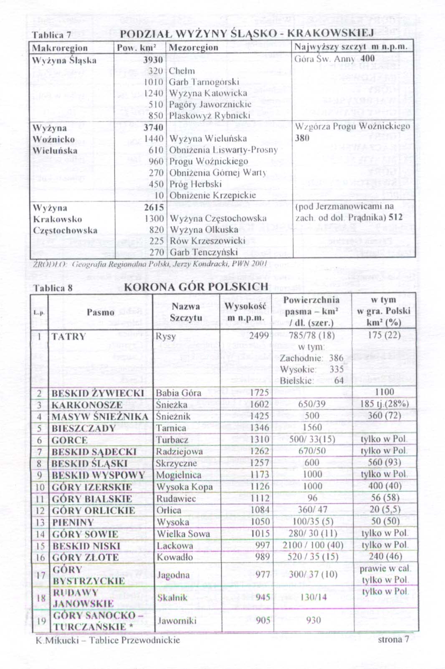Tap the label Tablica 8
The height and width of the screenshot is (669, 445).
pyautogui.click(x=53, y=288)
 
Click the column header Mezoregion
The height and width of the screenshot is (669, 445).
pyautogui.click(x=193, y=48)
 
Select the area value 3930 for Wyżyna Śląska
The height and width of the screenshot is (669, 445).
pyautogui.click(x=153, y=60)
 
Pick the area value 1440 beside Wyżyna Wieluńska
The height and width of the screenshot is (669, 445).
pyautogui.click(x=154, y=139)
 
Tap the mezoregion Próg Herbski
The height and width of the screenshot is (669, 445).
pyautogui.click(x=195, y=184)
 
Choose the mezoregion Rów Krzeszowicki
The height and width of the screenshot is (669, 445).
pyautogui.click(x=207, y=241)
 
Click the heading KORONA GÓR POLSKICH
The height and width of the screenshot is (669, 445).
pyautogui.click(x=196, y=287)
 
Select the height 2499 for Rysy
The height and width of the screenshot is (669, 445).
pyautogui.click(x=259, y=336)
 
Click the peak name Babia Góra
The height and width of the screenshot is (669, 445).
pyautogui.click(x=178, y=393)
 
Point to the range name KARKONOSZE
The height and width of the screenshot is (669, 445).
pyautogui.click(x=87, y=405)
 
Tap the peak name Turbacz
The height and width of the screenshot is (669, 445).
pyautogui.click(x=172, y=440)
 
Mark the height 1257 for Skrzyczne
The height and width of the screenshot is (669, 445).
pyautogui.click(x=260, y=463)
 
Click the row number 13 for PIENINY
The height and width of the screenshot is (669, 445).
pyautogui.click(x=40, y=522)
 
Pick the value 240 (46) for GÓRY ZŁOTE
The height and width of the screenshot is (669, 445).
pyautogui.click(x=385, y=556)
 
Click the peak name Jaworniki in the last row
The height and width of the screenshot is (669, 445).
pyautogui.click(x=177, y=621)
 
